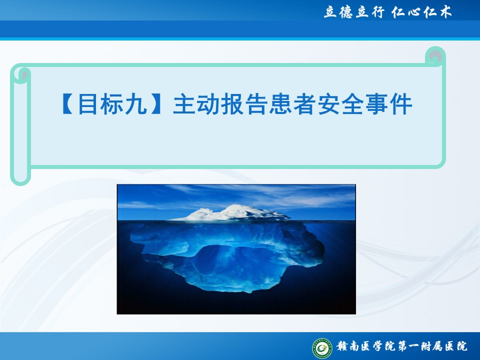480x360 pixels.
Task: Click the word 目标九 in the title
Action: [x=112, y=104]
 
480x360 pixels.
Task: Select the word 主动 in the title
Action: [x=196, y=104]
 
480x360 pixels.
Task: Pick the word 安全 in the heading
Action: [x=340, y=104]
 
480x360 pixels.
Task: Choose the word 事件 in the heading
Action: [x=388, y=104]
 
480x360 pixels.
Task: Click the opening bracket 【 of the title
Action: [x=68, y=104]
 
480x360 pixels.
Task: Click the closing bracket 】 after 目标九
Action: [x=156, y=104]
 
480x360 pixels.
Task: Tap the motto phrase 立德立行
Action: [x=354, y=12]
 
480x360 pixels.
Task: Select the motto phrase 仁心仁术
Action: [x=421, y=12]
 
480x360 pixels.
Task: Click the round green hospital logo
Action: [x=322, y=348]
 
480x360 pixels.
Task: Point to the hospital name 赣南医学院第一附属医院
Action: [x=402, y=346]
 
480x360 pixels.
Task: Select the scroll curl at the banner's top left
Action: [x=20, y=74]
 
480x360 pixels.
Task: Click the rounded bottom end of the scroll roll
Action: [x=20, y=177]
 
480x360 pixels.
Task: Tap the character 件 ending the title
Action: [x=400, y=104]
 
